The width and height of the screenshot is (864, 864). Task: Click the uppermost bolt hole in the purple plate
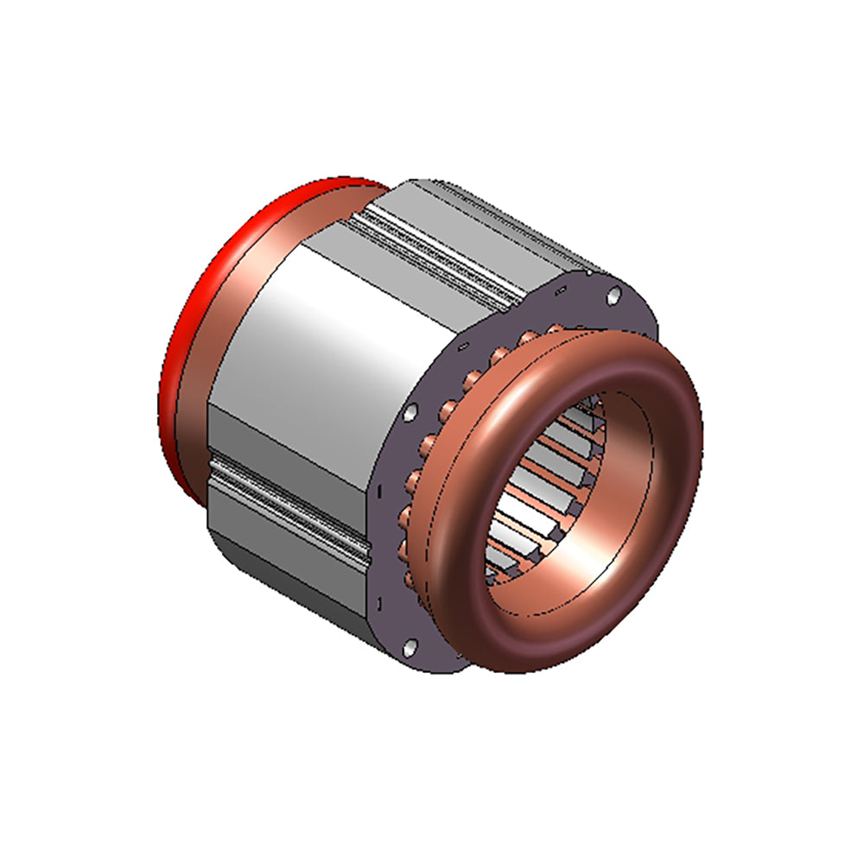tap(613, 295)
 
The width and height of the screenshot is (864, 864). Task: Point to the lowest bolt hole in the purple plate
tap(410, 644)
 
